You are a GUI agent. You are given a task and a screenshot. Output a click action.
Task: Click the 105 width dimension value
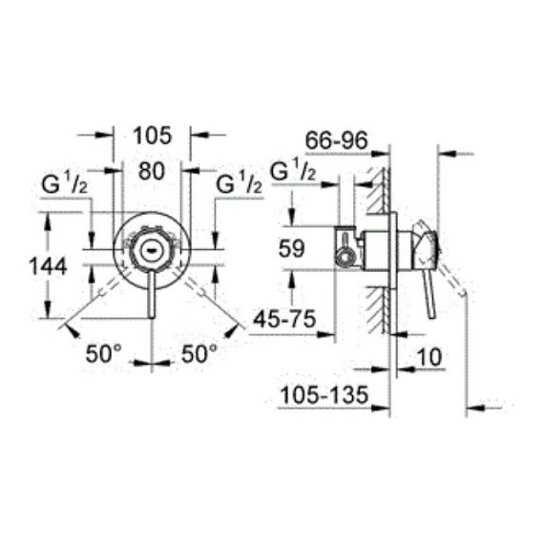pos(153,136)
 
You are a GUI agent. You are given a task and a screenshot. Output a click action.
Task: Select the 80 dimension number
pos(151,171)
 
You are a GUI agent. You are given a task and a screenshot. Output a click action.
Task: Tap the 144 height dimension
pos(48,266)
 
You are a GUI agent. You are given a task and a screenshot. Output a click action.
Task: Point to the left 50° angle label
pos(104,353)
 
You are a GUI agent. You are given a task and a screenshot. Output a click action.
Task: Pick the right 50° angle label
pos(199,353)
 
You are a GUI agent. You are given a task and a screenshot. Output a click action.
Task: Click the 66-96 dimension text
pos(336,140)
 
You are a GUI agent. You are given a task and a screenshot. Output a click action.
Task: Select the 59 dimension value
pos(292,248)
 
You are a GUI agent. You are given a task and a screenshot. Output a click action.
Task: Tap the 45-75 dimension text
pos(284,319)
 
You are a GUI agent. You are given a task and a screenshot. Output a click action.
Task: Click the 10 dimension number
pos(429,357)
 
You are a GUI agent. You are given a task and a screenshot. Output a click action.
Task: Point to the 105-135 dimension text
pos(324,395)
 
